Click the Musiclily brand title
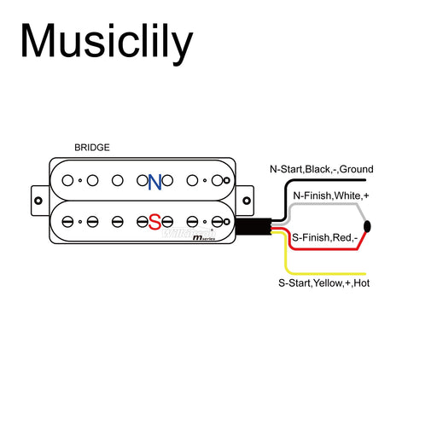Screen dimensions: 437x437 (107, 41)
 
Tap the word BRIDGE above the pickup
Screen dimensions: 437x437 (92, 148)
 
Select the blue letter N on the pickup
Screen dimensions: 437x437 (154, 182)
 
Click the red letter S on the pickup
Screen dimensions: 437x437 (154, 221)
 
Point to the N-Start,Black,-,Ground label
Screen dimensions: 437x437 (321, 169)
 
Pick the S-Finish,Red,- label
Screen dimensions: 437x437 (323, 236)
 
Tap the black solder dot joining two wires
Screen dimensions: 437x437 (368, 226)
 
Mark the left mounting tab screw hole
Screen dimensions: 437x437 (39, 201)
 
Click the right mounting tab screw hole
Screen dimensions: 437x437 (248, 201)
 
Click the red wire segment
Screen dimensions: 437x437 (324, 248)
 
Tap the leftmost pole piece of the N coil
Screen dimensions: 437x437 (66, 180)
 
